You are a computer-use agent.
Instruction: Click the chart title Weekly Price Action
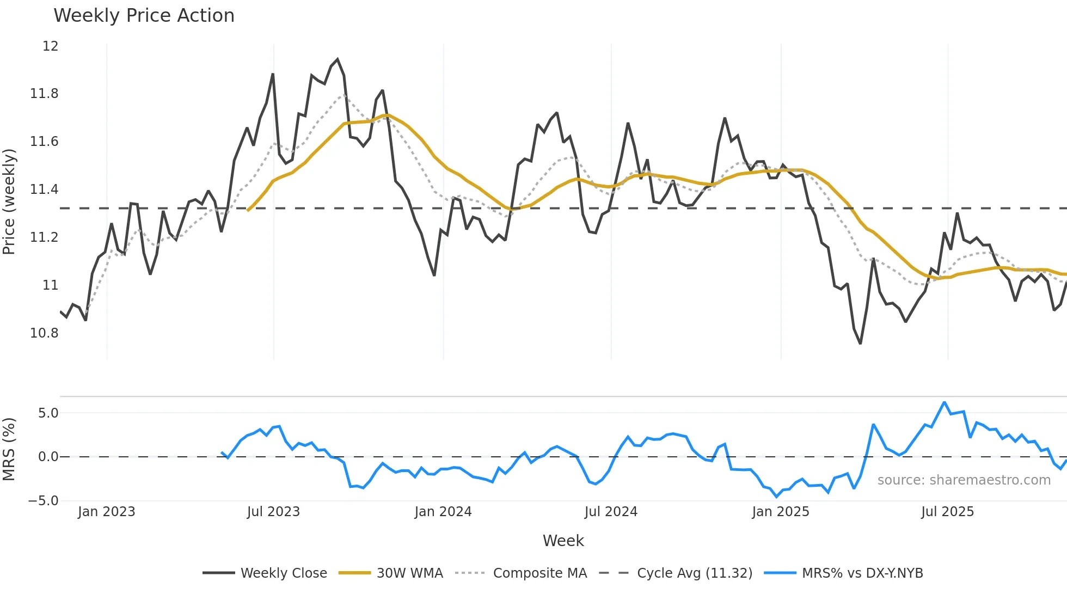(x=144, y=16)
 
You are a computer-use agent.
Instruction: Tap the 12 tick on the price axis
(x=50, y=46)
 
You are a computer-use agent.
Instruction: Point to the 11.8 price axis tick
(x=44, y=94)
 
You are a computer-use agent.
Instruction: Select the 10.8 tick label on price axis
(x=44, y=333)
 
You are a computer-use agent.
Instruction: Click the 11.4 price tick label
(x=44, y=189)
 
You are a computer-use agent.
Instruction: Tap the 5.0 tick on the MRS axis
(x=48, y=413)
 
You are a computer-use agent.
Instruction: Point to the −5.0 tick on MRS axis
(x=44, y=501)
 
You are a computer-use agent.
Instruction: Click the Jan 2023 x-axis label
(x=106, y=512)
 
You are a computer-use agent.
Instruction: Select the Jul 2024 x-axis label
(x=611, y=512)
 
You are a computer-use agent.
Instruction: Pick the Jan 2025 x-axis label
(x=780, y=512)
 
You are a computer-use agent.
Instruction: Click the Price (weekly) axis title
(x=9, y=201)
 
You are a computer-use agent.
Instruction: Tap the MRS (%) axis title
(x=9, y=449)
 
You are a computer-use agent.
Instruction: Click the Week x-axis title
(x=563, y=541)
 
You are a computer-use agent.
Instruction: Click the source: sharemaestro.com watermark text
(x=964, y=480)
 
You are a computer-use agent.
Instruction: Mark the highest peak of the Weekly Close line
(x=338, y=59)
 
